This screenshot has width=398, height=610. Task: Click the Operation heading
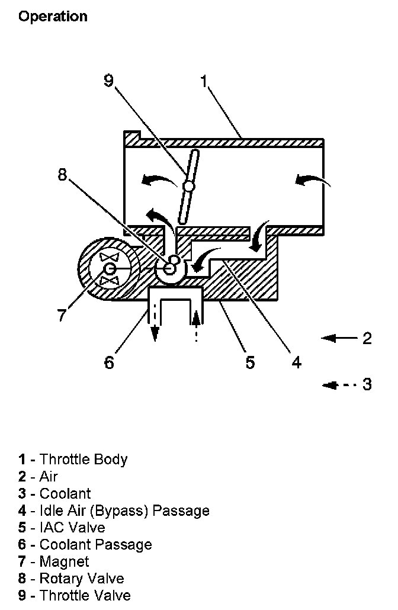pos(53,17)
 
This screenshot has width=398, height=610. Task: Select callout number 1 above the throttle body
pos(204,81)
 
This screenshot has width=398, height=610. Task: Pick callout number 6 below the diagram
pos(109,362)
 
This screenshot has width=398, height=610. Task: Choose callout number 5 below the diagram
pos(251,362)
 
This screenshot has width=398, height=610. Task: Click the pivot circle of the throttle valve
pos(188,186)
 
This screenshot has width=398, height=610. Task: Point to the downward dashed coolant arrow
pos(155,323)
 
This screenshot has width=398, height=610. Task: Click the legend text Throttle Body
pos(84,459)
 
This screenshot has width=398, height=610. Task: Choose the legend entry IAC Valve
pos(72,527)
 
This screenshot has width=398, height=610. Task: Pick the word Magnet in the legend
pos(64,561)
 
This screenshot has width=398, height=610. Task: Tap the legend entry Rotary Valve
pos(82,579)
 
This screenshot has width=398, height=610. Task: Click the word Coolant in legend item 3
pos(65,493)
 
